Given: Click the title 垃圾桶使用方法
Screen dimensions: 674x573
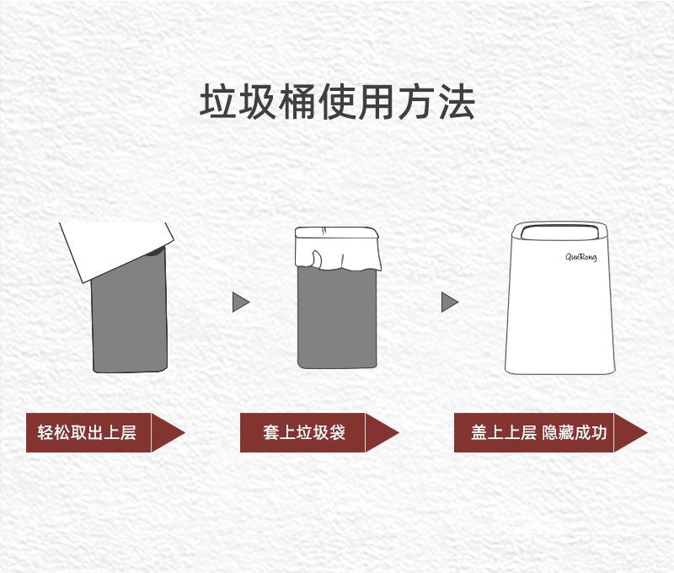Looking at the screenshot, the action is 337,101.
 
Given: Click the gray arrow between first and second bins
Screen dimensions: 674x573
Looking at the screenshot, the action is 241,301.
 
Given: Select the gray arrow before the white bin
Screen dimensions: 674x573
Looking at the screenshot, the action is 450,301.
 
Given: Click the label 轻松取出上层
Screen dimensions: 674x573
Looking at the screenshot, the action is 87,433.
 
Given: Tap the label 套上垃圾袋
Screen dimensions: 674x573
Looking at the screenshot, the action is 303,433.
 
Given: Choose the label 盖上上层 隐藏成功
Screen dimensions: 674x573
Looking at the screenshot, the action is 538,433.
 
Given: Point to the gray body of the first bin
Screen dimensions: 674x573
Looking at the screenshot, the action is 129,324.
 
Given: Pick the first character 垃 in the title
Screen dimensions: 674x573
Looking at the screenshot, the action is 217,101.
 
